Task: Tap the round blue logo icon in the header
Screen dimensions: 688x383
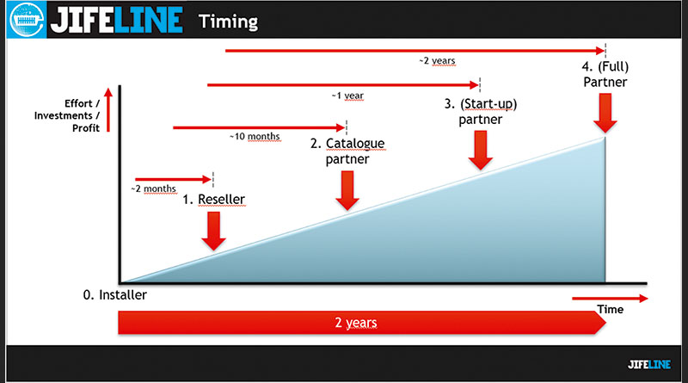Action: [x=27, y=20]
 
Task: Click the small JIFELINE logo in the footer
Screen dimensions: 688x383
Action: [x=649, y=364]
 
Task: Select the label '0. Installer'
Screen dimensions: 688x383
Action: [x=115, y=294]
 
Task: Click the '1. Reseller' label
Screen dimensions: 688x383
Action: [x=213, y=200]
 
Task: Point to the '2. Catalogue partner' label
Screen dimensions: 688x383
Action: [x=347, y=151]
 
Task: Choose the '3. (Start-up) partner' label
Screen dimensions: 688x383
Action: [x=481, y=112]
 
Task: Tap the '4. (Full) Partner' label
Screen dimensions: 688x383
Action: [x=605, y=74]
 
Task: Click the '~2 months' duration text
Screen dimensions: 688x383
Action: [x=154, y=188]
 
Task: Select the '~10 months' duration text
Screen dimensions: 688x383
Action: [x=255, y=137]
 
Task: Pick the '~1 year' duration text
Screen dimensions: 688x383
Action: [x=347, y=96]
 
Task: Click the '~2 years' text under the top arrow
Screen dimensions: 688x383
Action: [x=437, y=60]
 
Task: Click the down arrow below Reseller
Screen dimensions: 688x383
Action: [x=213, y=231]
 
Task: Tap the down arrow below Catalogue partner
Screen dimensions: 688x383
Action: [x=347, y=190]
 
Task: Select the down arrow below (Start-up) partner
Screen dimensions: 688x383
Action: [x=481, y=151]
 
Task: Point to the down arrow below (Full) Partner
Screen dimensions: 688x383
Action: [x=605, y=114]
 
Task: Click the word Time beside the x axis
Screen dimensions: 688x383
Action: [x=611, y=310]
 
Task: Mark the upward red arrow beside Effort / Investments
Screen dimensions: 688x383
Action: [x=108, y=110]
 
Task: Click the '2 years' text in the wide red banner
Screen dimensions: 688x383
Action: [x=356, y=323]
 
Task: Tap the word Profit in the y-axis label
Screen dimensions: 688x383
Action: [x=86, y=128]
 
